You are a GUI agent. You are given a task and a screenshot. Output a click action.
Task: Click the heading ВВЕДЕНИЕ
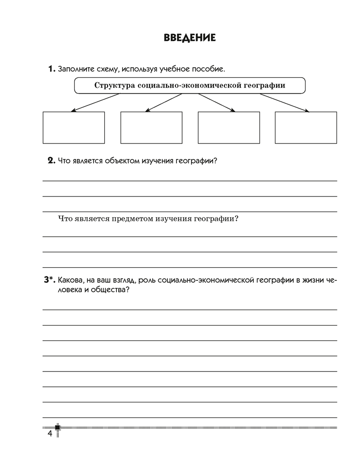tap(190, 38)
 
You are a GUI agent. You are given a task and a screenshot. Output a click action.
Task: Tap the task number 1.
tap(51, 69)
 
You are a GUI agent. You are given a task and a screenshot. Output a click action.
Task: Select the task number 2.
tap(52, 161)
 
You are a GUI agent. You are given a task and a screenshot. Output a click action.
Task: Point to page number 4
tap(49, 433)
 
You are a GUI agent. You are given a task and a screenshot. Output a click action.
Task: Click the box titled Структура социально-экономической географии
tap(190, 85)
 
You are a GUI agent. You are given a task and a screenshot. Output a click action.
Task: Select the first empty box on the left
tap(74, 127)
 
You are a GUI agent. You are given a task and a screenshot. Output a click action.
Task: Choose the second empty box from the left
tap(151, 127)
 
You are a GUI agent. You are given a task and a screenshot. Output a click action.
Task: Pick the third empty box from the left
tap(229, 127)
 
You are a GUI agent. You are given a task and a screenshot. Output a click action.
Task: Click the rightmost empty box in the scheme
tap(306, 127)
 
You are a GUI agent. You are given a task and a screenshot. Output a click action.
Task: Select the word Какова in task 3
tap(70, 280)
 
